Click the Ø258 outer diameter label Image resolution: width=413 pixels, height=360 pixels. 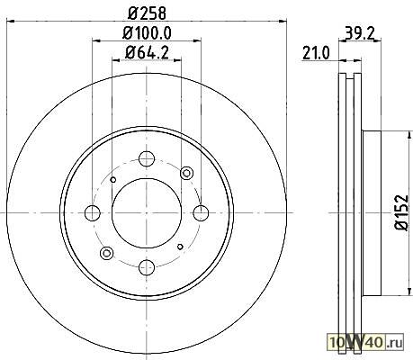pos(147,13)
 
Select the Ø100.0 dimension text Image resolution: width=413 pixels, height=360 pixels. pos(147,32)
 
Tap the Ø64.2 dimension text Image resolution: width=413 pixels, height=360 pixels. pos(147,52)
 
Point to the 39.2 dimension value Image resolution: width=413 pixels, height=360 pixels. pos(360,32)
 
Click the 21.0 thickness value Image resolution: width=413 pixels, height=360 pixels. pos(316,53)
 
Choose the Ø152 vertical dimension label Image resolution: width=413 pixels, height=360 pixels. pos(402,212)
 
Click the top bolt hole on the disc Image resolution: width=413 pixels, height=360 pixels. pos(147,158)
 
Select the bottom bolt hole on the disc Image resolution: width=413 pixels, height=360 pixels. pos(147,267)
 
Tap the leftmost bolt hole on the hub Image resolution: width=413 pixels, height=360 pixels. pos(93,212)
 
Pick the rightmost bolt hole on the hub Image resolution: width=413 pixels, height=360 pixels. pos(201,212)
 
